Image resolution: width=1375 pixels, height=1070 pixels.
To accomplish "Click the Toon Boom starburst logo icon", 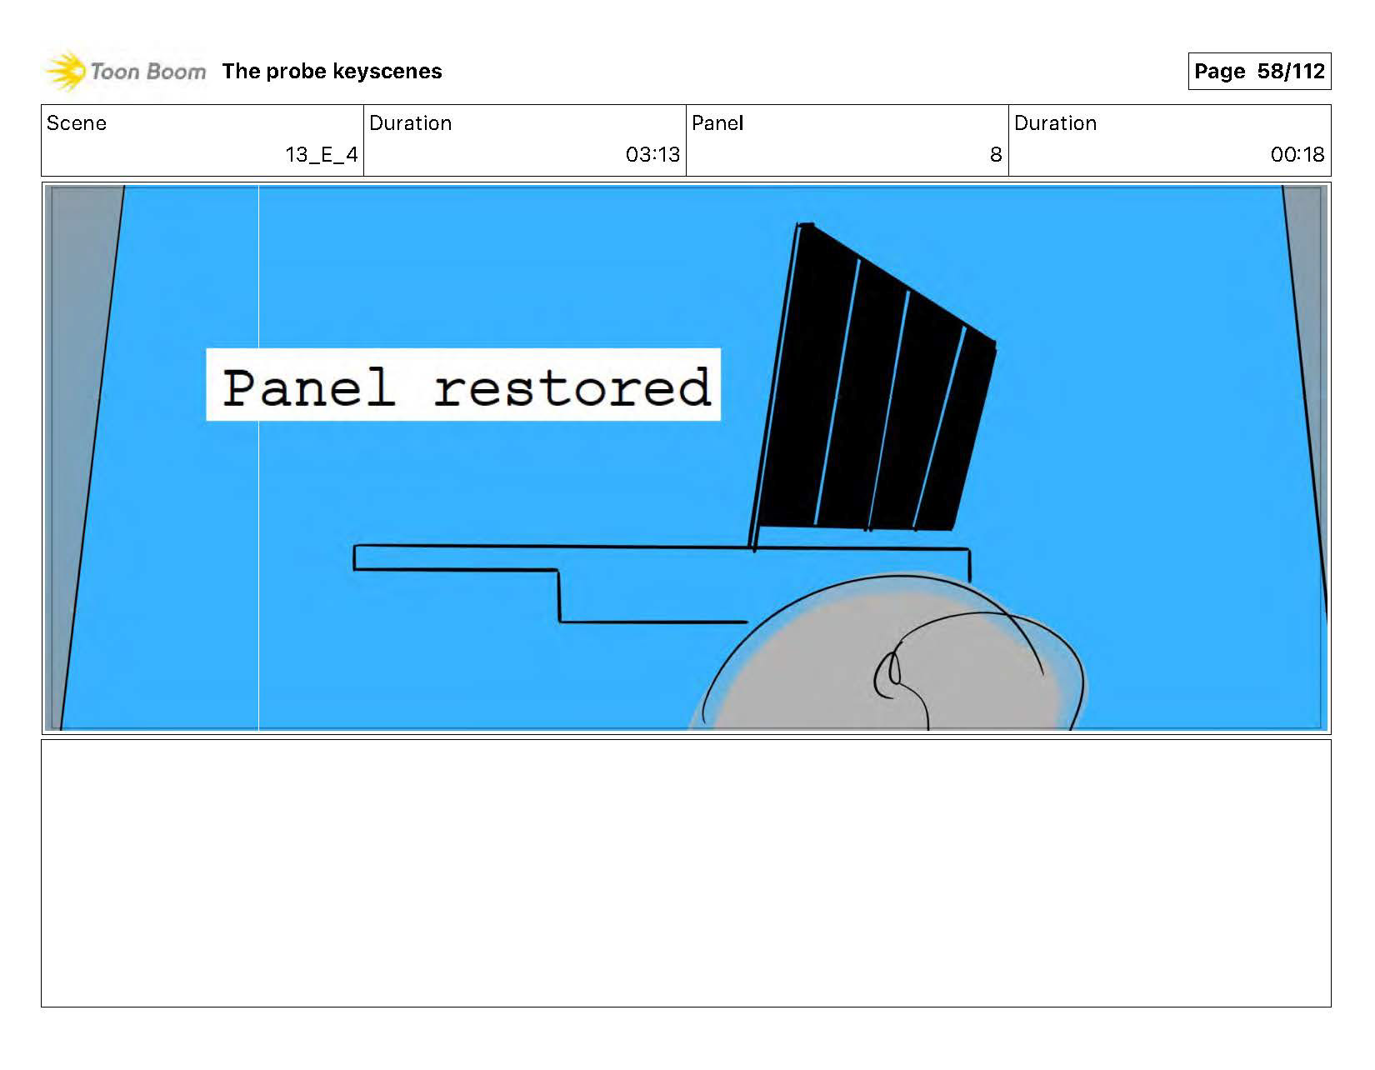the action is pyautogui.click(x=65, y=71).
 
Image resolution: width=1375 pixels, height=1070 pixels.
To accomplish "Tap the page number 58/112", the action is pyautogui.click(x=1291, y=72).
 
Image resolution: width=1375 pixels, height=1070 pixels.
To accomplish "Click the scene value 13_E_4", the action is pyautogui.click(x=322, y=155).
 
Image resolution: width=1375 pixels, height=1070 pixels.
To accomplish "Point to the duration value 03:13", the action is pyautogui.click(x=652, y=155).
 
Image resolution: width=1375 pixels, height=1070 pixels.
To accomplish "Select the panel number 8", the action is pyautogui.click(x=995, y=155).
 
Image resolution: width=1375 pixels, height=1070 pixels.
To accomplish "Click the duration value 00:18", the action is pyautogui.click(x=1297, y=155).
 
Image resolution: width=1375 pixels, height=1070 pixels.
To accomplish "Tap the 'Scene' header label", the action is pyautogui.click(x=77, y=123).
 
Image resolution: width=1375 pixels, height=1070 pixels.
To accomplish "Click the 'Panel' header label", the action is pyautogui.click(x=717, y=123).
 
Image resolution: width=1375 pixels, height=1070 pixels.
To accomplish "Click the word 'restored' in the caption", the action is pyautogui.click(x=572, y=387).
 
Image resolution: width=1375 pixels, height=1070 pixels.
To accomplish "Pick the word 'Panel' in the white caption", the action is pyautogui.click(x=308, y=387).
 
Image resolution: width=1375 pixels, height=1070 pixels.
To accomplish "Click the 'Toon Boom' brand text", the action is pyautogui.click(x=147, y=72).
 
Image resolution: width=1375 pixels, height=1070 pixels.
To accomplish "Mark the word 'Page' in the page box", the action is pyautogui.click(x=1219, y=72).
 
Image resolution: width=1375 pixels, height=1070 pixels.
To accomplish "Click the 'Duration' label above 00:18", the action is pyautogui.click(x=1055, y=123).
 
